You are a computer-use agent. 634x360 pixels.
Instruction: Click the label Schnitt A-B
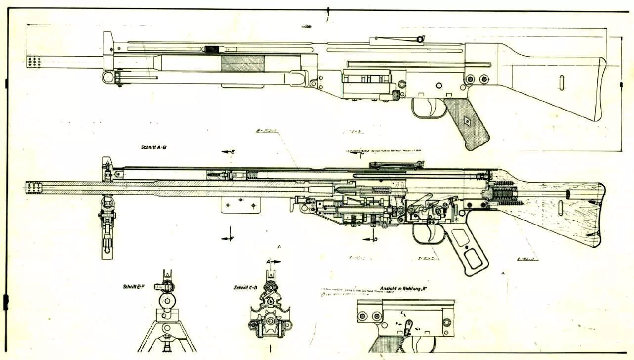pos(153,147)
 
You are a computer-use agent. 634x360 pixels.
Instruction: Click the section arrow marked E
pos(228,152)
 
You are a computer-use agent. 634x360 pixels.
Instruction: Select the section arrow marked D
pos(369,239)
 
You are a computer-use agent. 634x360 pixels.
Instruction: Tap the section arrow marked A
pos(273,261)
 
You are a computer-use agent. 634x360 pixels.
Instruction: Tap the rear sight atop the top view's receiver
pos(419,39)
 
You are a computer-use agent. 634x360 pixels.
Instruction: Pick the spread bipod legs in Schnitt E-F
pos(167,336)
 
